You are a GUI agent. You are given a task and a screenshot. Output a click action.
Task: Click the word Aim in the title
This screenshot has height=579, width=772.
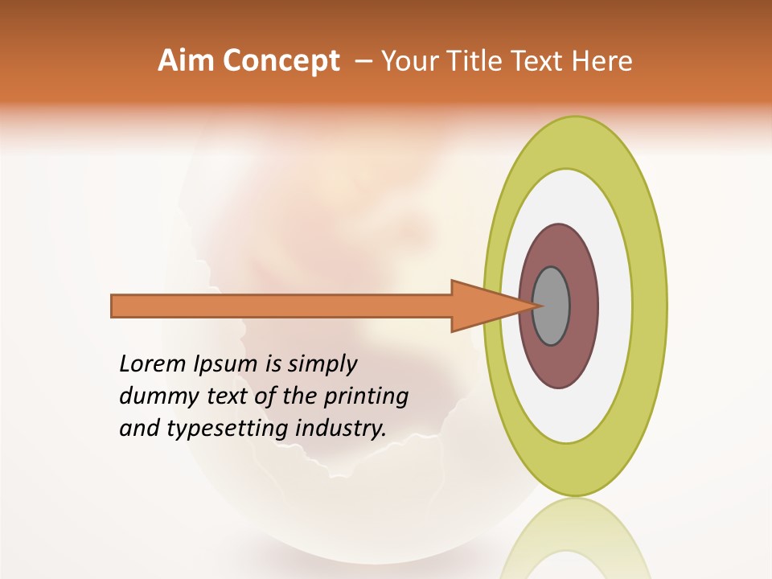coord(187,61)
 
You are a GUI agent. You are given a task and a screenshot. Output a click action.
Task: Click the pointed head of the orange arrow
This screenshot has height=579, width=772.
coord(491,306)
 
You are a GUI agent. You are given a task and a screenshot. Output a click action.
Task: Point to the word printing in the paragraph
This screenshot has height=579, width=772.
coord(366,397)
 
